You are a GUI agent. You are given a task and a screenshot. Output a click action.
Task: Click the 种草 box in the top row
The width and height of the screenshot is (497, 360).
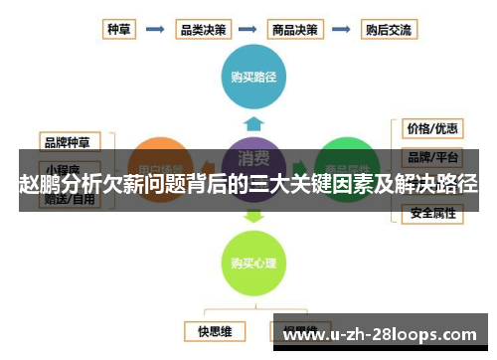119,29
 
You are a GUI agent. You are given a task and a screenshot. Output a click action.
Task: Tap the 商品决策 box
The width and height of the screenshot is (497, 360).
296,29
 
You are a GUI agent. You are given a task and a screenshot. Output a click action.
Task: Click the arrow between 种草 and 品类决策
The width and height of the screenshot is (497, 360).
157,29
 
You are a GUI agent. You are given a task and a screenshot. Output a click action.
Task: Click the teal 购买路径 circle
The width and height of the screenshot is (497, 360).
254,74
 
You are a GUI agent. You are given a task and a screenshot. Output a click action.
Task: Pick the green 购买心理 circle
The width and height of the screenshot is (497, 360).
254,263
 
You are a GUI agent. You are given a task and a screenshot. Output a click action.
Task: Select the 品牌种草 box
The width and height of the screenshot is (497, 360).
70,141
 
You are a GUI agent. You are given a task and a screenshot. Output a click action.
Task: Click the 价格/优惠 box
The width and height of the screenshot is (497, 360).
431,128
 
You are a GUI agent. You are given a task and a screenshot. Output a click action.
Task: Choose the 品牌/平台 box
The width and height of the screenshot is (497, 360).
431,157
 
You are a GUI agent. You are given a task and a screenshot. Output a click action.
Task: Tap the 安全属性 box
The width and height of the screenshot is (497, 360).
431,213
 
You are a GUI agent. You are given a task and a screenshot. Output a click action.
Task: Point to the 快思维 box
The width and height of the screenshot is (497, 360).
214,329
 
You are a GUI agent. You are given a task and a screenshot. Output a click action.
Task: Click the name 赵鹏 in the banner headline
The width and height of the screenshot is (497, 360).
39,184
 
